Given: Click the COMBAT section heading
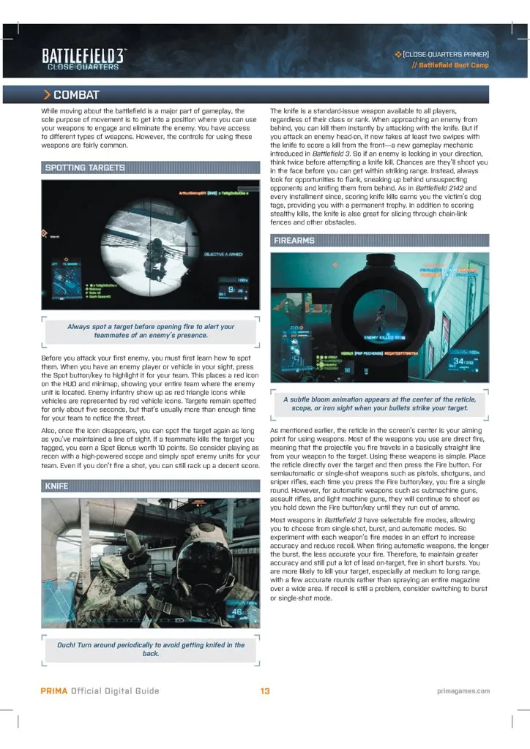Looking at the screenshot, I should [76, 95].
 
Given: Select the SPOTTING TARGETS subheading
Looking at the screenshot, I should [85, 168].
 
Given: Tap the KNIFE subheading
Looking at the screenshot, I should [56, 485].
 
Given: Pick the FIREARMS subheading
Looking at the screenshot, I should [294, 240].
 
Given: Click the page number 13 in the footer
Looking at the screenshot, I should [265, 691].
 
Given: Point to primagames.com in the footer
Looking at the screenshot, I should [463, 691].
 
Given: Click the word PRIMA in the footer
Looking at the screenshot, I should [53, 691].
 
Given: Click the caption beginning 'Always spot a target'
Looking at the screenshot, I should [151, 331].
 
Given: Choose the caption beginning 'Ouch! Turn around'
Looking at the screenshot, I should [151, 649].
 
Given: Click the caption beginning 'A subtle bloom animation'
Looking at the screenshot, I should [379, 403].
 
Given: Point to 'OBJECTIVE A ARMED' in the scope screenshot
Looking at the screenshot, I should [224, 254].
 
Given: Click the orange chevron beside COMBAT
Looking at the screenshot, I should [47, 95].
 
